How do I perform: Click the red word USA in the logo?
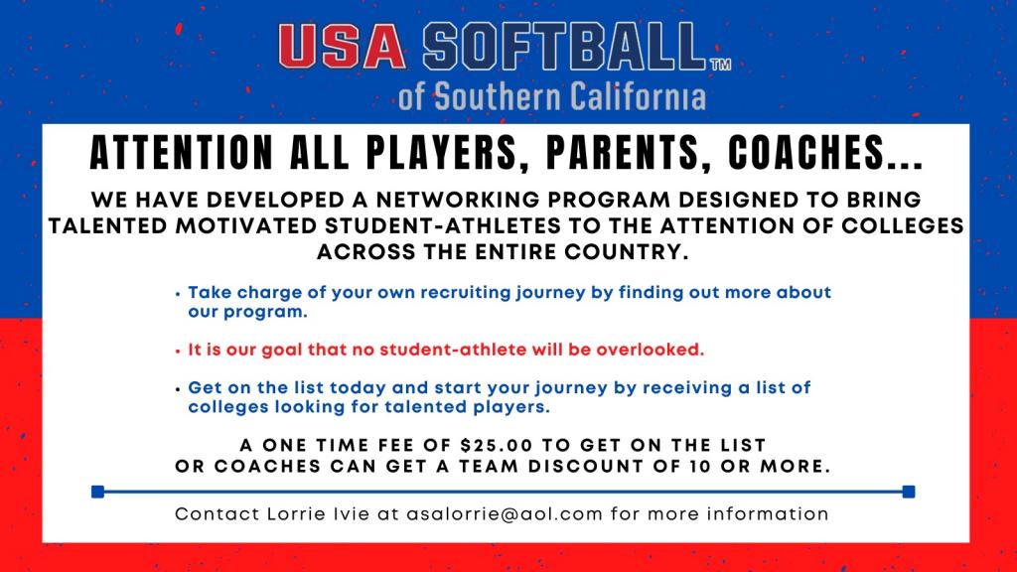(x=343, y=46)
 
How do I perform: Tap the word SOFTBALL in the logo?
(x=564, y=46)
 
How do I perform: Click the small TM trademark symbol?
(x=721, y=65)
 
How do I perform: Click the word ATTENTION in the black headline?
(x=182, y=153)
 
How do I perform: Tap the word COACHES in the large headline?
(x=806, y=153)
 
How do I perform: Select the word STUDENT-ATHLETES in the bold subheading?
(x=443, y=225)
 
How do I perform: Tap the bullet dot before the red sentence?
(x=178, y=351)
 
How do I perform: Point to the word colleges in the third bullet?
(x=228, y=406)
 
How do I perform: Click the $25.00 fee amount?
(x=497, y=446)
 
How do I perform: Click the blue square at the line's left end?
(x=98, y=492)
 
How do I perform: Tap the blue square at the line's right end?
(x=909, y=492)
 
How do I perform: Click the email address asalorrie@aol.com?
(x=505, y=514)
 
